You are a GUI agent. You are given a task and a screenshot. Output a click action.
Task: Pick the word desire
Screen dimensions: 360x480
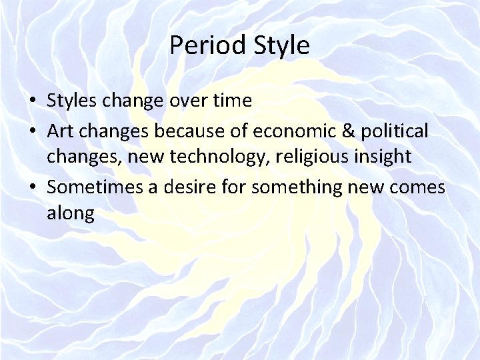click(179, 187)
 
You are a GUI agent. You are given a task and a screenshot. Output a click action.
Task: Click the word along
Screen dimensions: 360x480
click(71, 213)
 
